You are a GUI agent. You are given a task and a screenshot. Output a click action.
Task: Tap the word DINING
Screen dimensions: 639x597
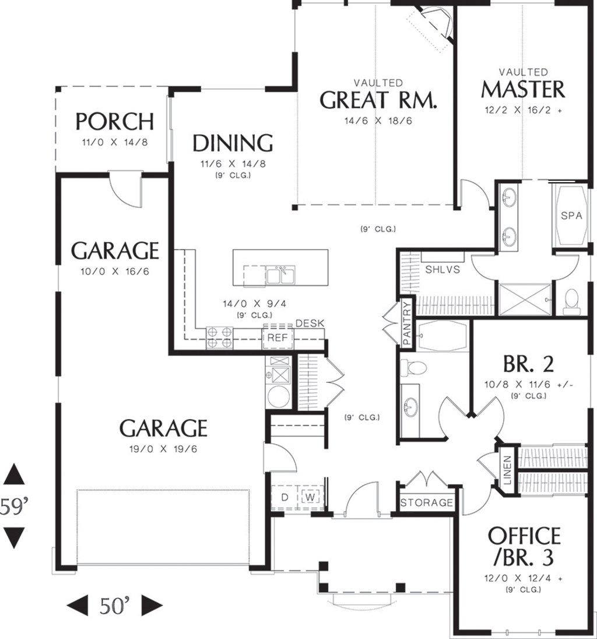point(233,143)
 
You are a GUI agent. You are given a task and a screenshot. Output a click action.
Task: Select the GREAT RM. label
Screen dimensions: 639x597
point(378,100)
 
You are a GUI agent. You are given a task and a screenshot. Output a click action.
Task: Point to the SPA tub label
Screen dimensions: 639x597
point(571,215)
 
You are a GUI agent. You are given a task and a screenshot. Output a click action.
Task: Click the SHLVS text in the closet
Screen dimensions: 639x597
point(443,270)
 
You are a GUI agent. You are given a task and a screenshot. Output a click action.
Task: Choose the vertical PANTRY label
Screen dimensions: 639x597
point(406,324)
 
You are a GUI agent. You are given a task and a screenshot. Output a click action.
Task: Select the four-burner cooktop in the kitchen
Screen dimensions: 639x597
point(219,337)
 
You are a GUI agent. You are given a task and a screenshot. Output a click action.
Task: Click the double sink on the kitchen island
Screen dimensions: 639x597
point(280,275)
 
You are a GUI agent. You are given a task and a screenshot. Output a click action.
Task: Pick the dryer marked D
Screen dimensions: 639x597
point(285,497)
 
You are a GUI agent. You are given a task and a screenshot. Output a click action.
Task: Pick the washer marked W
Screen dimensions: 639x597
point(310,497)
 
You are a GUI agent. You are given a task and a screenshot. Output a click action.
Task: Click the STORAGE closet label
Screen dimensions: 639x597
point(427,502)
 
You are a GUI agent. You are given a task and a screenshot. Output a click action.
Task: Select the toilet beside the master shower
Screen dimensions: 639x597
point(571,299)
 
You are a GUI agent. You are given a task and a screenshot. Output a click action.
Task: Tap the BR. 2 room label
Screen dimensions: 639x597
point(528,365)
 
